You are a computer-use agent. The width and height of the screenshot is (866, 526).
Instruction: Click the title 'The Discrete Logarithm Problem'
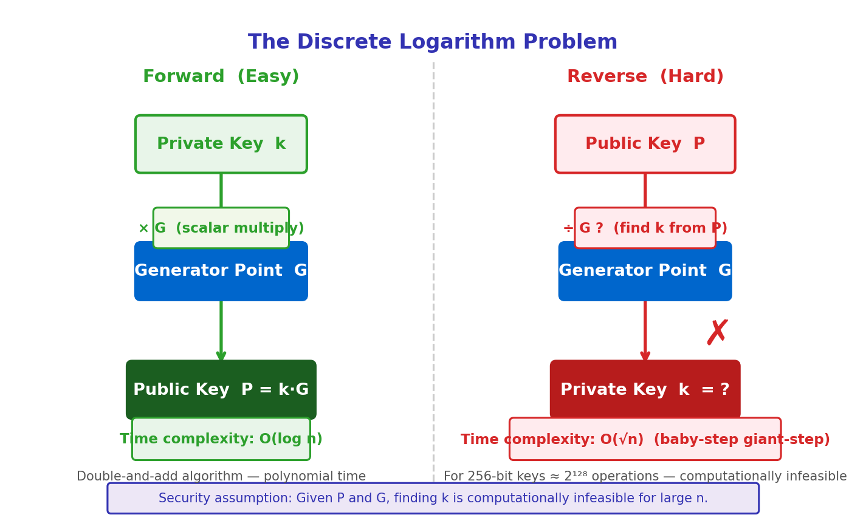pyautogui.click(x=432, y=43)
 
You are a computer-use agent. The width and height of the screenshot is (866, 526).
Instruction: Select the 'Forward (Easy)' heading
pyautogui.click(x=221, y=77)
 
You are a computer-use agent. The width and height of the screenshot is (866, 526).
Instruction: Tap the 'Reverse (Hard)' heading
pyautogui.click(x=645, y=77)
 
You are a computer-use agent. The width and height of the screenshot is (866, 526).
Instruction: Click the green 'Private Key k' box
pyautogui.click(x=221, y=144)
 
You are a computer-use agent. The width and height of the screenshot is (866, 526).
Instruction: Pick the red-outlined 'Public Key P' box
pyautogui.click(x=645, y=144)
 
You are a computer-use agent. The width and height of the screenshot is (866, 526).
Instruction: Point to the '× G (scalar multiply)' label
pyautogui.click(x=221, y=228)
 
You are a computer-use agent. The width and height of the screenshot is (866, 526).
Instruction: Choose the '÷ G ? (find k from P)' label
pyautogui.click(x=645, y=228)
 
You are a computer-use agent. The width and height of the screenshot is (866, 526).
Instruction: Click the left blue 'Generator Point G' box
pyautogui.click(x=221, y=276)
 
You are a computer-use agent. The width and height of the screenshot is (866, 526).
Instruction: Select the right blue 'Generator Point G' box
pyautogui.click(x=645, y=276)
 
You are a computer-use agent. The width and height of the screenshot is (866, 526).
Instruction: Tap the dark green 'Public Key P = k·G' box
pyautogui.click(x=221, y=389)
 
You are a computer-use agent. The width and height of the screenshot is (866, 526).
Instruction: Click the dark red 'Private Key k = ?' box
pyautogui.click(x=645, y=389)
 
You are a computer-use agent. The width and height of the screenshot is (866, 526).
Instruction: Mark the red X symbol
pyautogui.click(x=717, y=333)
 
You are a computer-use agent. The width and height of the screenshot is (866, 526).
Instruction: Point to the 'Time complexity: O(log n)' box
pyautogui.click(x=221, y=439)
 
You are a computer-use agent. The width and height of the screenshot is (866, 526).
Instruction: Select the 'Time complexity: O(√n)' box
pyautogui.click(x=645, y=439)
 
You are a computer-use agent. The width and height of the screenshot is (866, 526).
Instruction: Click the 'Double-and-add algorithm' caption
pyautogui.click(x=221, y=477)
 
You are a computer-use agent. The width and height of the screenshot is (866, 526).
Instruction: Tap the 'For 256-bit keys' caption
pyautogui.click(x=645, y=477)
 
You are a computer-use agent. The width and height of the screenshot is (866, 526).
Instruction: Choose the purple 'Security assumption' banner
pyautogui.click(x=433, y=499)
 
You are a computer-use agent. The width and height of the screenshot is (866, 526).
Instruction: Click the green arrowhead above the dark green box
pyautogui.click(x=221, y=356)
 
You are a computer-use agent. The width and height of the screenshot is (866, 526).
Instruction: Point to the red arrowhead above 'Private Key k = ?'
pyautogui.click(x=645, y=356)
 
